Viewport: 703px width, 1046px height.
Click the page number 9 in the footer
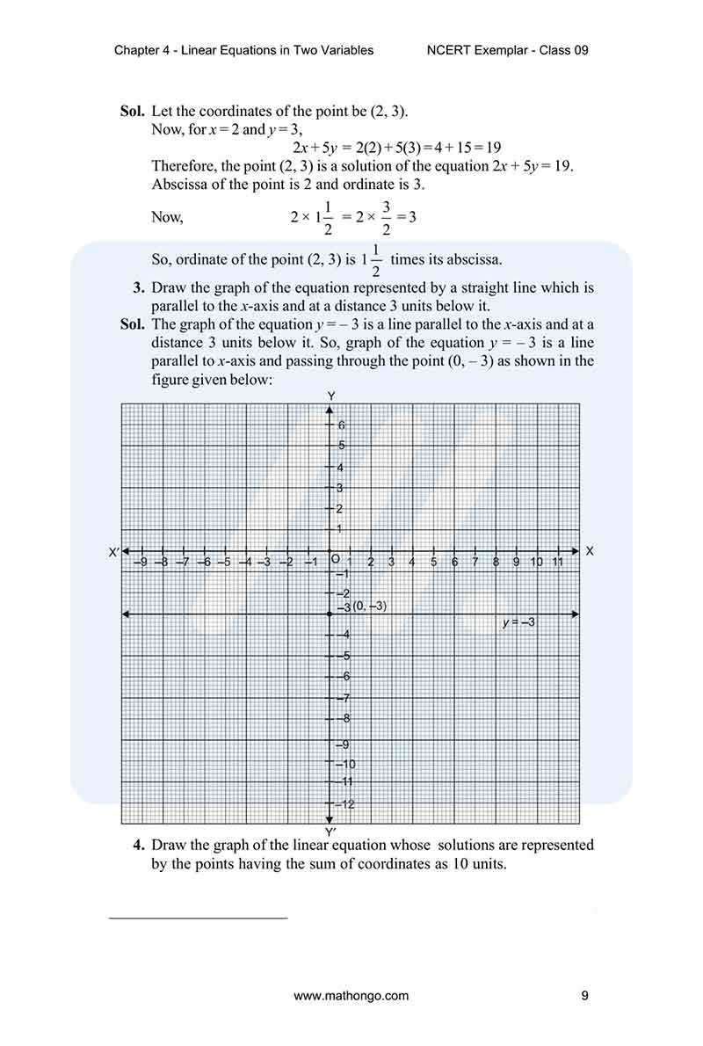[x=584, y=996]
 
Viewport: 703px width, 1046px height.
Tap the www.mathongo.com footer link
[x=351, y=996]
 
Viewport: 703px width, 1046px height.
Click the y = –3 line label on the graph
[x=518, y=622]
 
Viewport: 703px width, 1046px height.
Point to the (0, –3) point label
[x=369, y=607]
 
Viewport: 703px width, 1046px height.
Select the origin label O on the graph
[x=335, y=559]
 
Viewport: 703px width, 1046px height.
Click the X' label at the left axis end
[x=113, y=552]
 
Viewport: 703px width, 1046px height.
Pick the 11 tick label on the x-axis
[x=557, y=562]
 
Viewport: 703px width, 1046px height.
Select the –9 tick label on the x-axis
[x=141, y=562]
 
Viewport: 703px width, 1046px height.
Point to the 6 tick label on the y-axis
[x=342, y=425]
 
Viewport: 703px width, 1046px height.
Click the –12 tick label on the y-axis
[x=344, y=804]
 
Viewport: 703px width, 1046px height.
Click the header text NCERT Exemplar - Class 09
[x=506, y=50]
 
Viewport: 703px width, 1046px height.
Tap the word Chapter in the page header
[x=136, y=50]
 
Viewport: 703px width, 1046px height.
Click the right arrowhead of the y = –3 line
[x=576, y=614]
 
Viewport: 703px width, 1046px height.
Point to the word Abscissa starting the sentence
[x=179, y=185]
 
